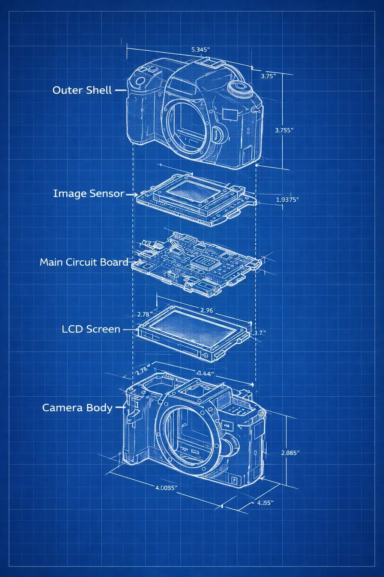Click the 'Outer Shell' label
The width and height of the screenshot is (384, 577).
[x=82, y=90]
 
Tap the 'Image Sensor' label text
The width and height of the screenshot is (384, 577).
[x=88, y=193]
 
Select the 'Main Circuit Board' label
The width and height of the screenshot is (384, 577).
[x=84, y=262]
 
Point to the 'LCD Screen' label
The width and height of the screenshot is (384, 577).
[x=91, y=329]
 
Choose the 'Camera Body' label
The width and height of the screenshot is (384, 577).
[x=77, y=408]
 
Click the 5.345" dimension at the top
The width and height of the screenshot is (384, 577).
[x=200, y=50]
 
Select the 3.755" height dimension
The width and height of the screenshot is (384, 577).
[x=284, y=130]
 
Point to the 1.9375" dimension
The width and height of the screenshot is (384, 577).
[x=287, y=199]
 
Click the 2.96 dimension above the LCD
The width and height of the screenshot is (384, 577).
[x=207, y=310]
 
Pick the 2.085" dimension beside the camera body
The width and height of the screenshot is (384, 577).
[x=290, y=453]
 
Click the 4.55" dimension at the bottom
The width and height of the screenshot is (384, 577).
[x=265, y=503]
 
